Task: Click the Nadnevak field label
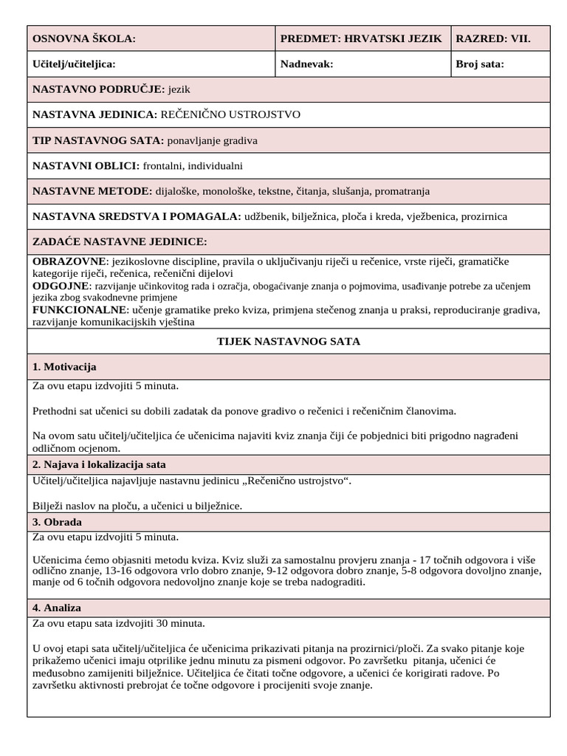[307, 64]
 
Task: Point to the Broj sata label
[480, 64]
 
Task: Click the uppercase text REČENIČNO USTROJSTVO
[230, 115]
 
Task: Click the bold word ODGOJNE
[61, 286]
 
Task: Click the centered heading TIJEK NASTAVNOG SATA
[288, 342]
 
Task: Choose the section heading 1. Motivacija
[65, 367]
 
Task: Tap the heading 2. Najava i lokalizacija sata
[100, 464]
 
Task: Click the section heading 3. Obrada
[57, 522]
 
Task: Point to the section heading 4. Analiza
[57, 608]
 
